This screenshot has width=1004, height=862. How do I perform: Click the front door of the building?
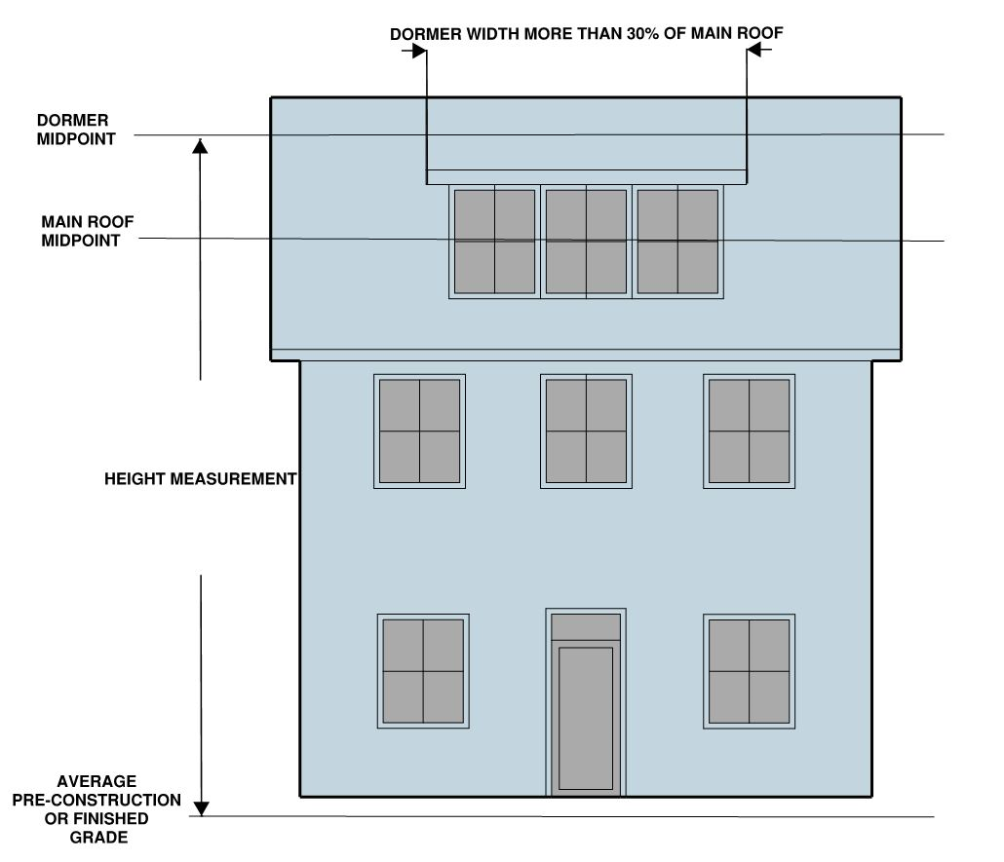586,717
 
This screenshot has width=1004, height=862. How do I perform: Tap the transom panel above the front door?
586,626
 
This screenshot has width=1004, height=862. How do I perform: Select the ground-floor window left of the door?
423,671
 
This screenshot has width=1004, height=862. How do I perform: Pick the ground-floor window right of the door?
749,671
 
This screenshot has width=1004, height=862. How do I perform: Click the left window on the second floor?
419,431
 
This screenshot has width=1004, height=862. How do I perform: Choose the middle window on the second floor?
586,431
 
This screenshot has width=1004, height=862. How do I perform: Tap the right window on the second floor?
749,431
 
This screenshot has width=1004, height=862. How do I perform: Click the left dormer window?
494,241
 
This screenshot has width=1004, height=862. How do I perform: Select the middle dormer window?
586,241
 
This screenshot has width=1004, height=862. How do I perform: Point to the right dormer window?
677,241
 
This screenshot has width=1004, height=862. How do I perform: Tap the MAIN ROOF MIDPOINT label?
88,231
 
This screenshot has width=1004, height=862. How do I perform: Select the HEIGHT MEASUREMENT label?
200,479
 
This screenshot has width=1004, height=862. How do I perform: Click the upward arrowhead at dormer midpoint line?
200,146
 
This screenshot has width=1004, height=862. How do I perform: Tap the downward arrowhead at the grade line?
201,807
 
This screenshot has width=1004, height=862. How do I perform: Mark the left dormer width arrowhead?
419,51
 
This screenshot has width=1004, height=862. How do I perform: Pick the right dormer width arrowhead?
754,51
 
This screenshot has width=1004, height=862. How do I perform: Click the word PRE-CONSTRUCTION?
97,800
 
